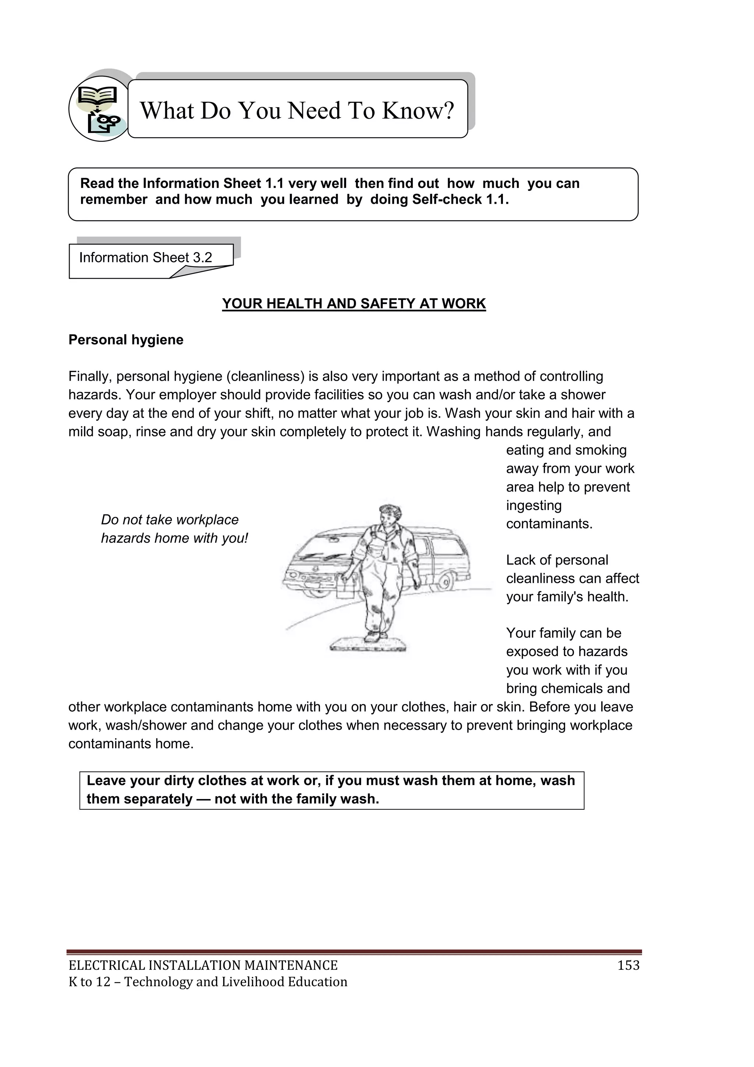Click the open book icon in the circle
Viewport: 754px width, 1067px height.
pos(96,96)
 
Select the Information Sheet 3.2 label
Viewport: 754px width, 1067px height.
pos(145,258)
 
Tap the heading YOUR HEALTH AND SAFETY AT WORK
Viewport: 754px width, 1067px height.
pos(354,303)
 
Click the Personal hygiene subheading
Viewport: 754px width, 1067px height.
pos(126,340)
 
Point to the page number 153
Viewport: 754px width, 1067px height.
pos(628,965)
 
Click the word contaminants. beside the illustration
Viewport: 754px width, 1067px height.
pos(549,524)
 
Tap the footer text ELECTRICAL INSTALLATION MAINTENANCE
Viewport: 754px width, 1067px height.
pos(203,965)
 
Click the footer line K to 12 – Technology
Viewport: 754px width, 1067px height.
pos(208,981)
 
